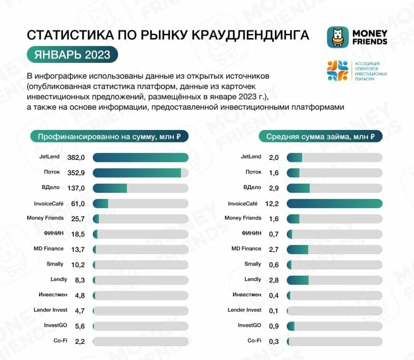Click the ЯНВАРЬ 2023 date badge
coord(72,54)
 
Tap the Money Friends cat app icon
coord(337,37)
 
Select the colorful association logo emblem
coord(337,71)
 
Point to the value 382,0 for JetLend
coord(76,158)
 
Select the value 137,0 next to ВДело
coord(76,188)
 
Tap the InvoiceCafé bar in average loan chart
coord(334,203)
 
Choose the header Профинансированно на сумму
coord(109,137)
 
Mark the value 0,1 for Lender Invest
coord(273,310)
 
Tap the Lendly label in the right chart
coord(252,279)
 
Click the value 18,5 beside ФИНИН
coord(78,234)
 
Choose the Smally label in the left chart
coord(55,264)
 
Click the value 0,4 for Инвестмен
coord(273,295)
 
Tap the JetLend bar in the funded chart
coord(141,158)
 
